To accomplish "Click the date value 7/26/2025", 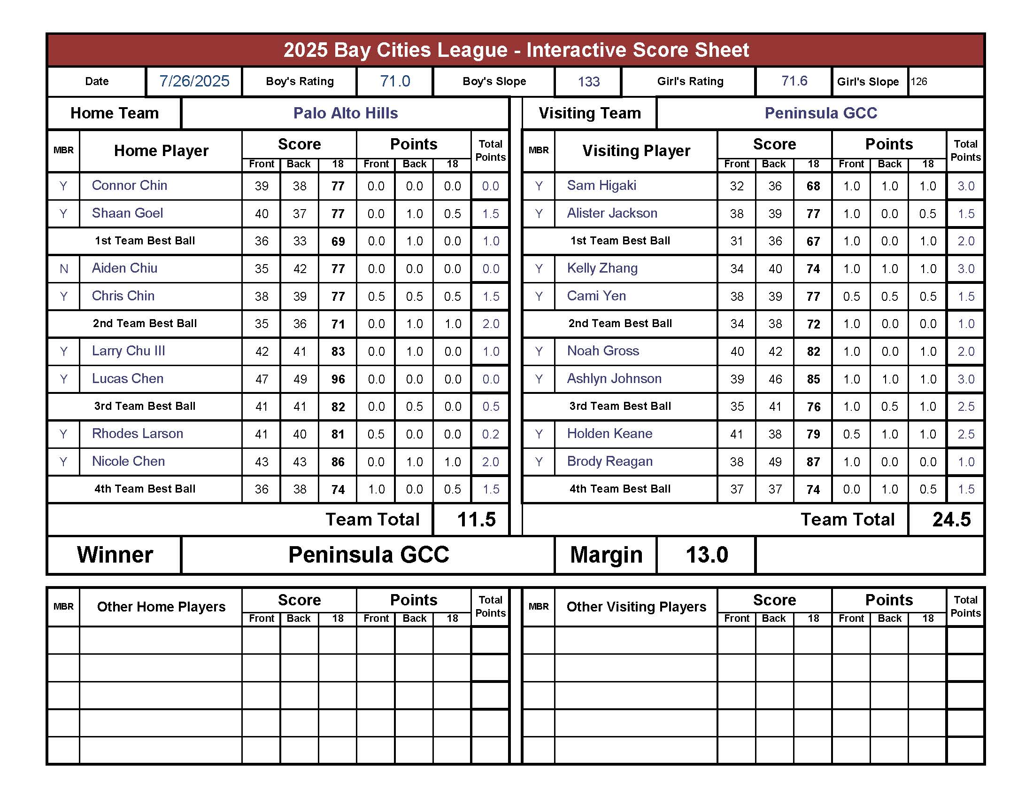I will tap(194, 81).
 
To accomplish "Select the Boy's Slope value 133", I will tap(588, 82).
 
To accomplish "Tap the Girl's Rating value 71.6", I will tap(794, 81).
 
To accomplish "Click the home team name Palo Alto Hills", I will tap(345, 113).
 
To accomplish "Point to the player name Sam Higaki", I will tap(601, 186).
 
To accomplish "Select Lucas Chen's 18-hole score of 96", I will tap(338, 379).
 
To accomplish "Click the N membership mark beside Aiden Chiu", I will tap(64, 269).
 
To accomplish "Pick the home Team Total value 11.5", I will tap(476, 520).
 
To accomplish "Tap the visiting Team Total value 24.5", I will tap(951, 520).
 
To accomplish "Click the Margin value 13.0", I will tap(707, 555).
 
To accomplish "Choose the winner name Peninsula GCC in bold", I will tap(369, 555).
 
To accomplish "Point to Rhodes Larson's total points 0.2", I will tap(491, 434).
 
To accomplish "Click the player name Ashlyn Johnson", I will tap(614, 379).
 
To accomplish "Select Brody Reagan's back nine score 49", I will tap(775, 462).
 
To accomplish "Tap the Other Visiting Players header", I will tap(636, 607).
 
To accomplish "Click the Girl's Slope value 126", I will tap(919, 81).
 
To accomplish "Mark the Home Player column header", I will tap(161, 150).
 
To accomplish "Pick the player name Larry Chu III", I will tap(128, 351).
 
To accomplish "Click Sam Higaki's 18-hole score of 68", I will tap(813, 186).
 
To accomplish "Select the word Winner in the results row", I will tap(115, 555).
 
